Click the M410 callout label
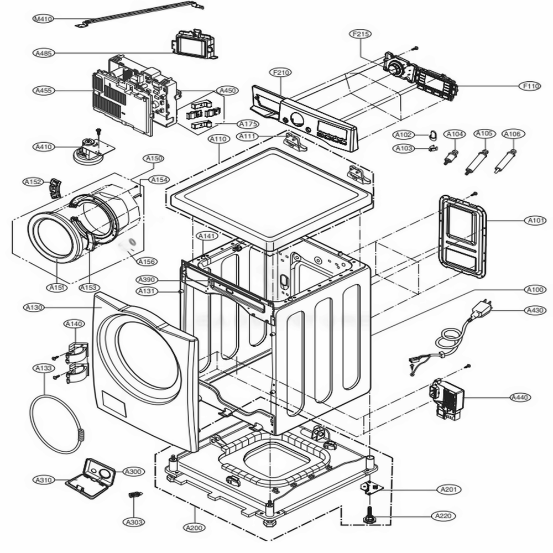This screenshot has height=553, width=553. (43, 19)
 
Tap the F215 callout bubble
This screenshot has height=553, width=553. (361, 34)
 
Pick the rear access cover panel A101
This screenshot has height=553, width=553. (462, 235)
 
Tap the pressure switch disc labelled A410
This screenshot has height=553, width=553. (86, 150)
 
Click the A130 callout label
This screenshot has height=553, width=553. (34, 307)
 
